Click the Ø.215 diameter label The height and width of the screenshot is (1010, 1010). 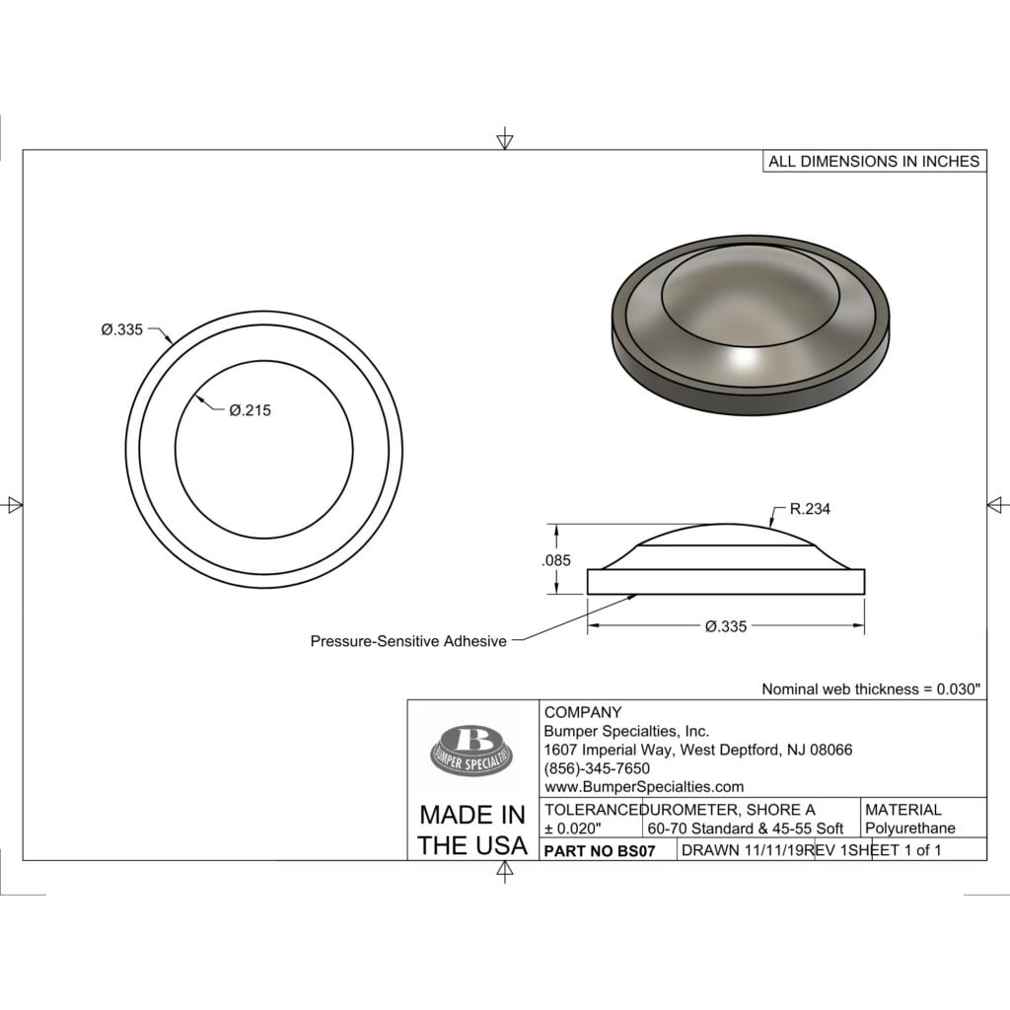[250, 410]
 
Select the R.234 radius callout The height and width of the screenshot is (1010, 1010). [810, 509]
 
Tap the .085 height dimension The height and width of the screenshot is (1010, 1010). [556, 560]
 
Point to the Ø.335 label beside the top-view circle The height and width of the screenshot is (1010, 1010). [121, 329]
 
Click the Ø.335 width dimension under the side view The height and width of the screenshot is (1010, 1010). [725, 626]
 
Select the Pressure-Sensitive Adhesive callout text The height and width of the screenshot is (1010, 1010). [408, 641]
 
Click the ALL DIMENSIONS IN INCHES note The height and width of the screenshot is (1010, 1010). [874, 161]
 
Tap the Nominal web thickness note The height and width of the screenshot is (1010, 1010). [871, 689]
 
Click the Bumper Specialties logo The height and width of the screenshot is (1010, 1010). [473, 750]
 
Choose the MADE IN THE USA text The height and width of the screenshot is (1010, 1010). [472, 830]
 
